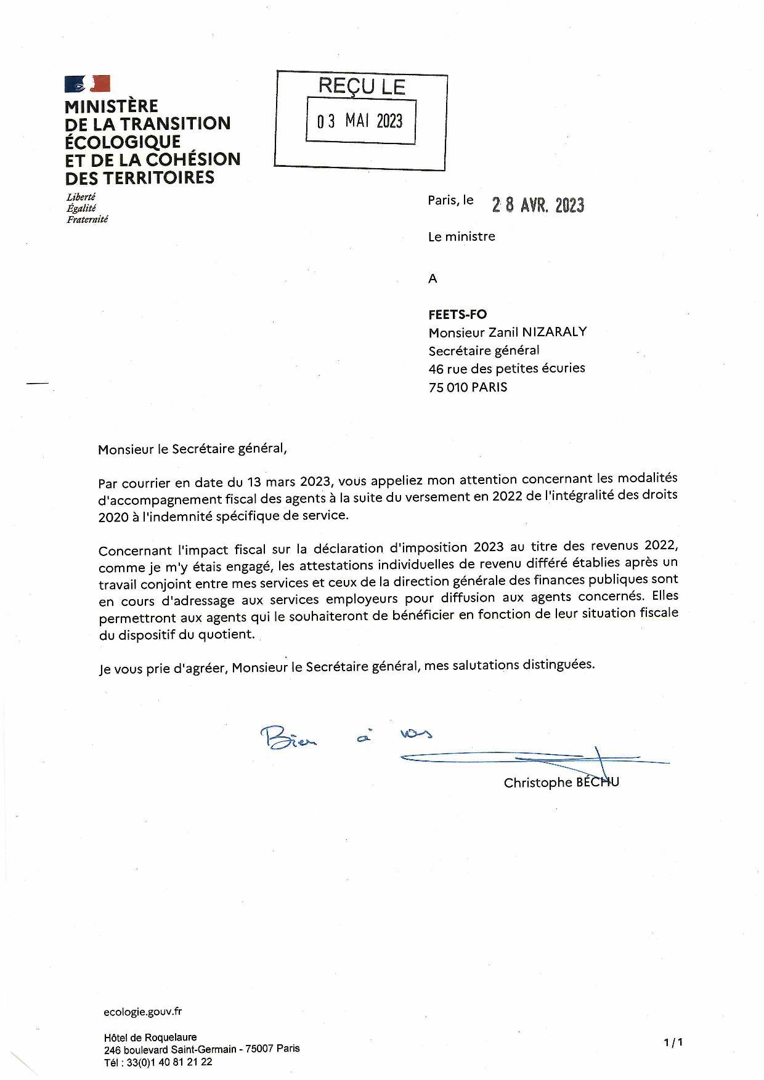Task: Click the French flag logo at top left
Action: click(x=87, y=84)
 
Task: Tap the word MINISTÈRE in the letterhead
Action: click(x=111, y=107)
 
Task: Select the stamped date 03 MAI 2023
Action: click(x=360, y=121)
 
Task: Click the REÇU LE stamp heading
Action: click(x=362, y=87)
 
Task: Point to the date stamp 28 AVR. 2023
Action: click(x=538, y=205)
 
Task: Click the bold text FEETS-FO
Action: click(x=457, y=315)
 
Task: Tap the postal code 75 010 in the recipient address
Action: click(x=448, y=387)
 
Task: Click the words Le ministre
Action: click(x=461, y=236)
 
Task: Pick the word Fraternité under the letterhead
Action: click(x=87, y=219)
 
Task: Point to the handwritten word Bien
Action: click(x=288, y=737)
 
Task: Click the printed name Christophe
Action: click(x=538, y=783)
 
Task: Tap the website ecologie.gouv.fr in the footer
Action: click(x=142, y=1012)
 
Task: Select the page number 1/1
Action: click(x=673, y=1042)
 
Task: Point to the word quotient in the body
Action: click(x=226, y=634)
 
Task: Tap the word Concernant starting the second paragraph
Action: click(x=135, y=550)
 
